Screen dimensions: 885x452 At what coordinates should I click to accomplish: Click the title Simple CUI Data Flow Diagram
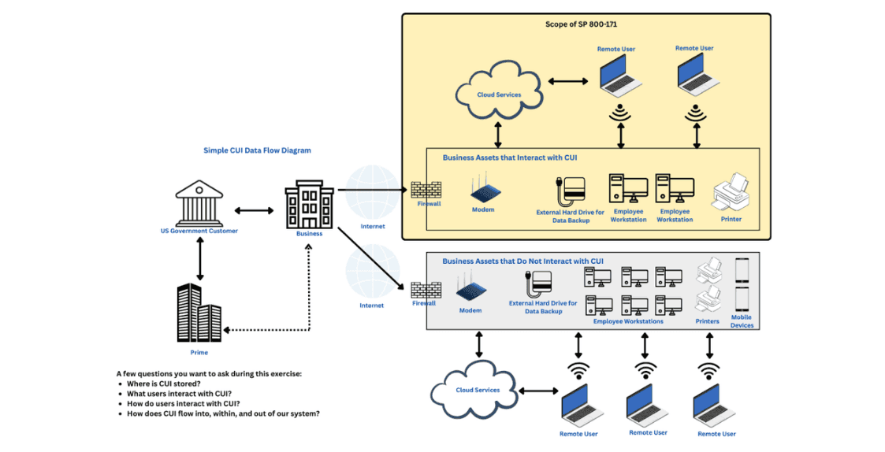coord(257,150)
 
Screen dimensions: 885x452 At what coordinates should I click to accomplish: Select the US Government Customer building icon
coord(199,203)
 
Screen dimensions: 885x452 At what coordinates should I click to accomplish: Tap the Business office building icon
coord(309,205)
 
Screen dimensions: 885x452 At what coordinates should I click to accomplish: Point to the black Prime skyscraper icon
coord(199,313)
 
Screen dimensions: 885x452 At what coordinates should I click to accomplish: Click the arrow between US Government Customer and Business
coord(254,210)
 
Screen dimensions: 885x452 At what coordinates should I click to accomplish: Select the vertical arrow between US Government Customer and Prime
coord(199,258)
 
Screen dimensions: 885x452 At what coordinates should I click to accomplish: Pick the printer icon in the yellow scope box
coord(731,192)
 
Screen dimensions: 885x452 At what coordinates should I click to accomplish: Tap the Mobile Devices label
coord(742,321)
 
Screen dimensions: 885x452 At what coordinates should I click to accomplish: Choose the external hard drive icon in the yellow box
coord(571,192)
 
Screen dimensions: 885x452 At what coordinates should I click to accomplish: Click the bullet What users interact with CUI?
coord(179,394)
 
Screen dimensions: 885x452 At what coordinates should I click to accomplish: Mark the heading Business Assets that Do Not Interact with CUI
coord(522,261)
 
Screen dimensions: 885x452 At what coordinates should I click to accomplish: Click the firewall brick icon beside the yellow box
coord(426,191)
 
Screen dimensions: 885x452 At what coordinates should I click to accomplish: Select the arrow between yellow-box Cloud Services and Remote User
coord(568,82)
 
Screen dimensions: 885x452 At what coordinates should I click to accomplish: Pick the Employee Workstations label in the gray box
coord(628,321)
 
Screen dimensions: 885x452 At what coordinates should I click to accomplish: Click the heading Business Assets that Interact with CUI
coord(510,158)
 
